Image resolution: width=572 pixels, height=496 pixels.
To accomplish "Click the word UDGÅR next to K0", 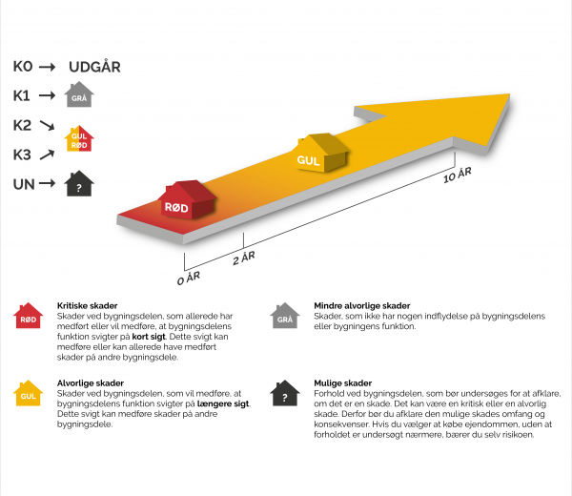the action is pyautogui.click(x=94, y=67).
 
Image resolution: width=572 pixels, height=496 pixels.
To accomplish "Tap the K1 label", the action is pyautogui.click(x=22, y=96).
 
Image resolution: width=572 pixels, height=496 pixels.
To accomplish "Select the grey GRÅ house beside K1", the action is pyautogui.click(x=79, y=94).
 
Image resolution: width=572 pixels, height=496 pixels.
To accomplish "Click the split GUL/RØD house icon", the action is pyautogui.click(x=79, y=138).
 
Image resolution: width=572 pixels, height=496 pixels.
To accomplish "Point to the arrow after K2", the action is pyautogui.click(x=47, y=125).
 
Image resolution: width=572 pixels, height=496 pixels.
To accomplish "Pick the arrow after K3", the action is pyautogui.click(x=47, y=155).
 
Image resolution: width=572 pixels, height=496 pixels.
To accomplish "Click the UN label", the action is pyautogui.click(x=24, y=184).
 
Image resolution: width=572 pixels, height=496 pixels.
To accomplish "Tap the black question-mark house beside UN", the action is pyautogui.click(x=79, y=183).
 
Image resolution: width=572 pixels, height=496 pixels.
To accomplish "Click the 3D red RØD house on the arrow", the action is pyautogui.click(x=187, y=199).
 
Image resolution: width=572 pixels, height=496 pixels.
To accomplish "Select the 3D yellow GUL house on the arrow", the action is pyautogui.click(x=321, y=153).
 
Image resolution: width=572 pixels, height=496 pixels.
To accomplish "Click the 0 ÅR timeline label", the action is pyautogui.click(x=189, y=279).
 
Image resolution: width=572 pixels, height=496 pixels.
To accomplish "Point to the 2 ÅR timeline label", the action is pyautogui.click(x=244, y=258).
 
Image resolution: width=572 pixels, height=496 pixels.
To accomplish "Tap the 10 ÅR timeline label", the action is pyautogui.click(x=458, y=175).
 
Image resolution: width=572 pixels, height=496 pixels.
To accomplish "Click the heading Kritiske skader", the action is pyautogui.click(x=87, y=306).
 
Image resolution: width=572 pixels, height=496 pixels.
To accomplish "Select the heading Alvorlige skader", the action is pyautogui.click(x=91, y=383).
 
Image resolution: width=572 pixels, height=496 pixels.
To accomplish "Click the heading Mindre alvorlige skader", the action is pyautogui.click(x=362, y=306).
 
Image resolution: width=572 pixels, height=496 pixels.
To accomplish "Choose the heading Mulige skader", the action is pyautogui.click(x=343, y=383).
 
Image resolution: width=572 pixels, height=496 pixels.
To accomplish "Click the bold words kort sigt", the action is pyautogui.click(x=149, y=337).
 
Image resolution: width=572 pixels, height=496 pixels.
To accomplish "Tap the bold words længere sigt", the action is pyautogui.click(x=223, y=403).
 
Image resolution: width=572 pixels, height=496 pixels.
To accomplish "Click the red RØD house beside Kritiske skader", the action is pyautogui.click(x=28, y=316).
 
